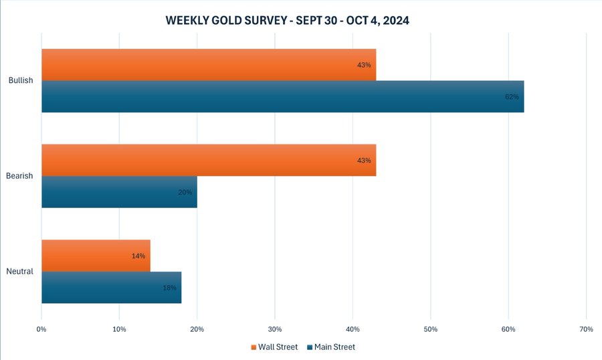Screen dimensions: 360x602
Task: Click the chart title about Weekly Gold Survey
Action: point(287,21)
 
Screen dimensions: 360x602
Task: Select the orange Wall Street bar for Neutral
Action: point(96,256)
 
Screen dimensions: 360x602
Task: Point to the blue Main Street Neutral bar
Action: point(111,287)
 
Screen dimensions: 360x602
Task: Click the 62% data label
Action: point(512,96)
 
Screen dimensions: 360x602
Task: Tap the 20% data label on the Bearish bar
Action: point(185,192)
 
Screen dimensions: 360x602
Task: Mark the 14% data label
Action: point(138,256)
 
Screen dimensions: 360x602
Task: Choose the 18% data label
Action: point(169,287)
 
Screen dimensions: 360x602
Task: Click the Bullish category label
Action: point(21,81)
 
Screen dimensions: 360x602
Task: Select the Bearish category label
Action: point(21,176)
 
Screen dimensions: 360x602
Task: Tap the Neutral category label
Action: point(20,272)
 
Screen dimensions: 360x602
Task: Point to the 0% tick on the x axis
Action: point(41,329)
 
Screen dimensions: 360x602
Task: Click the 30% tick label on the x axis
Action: point(275,329)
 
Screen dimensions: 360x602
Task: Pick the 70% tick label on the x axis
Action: point(586,329)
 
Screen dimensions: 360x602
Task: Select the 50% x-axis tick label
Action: point(431,329)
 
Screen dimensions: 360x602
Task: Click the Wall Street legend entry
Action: point(274,347)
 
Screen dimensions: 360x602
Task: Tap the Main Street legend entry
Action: point(331,347)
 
